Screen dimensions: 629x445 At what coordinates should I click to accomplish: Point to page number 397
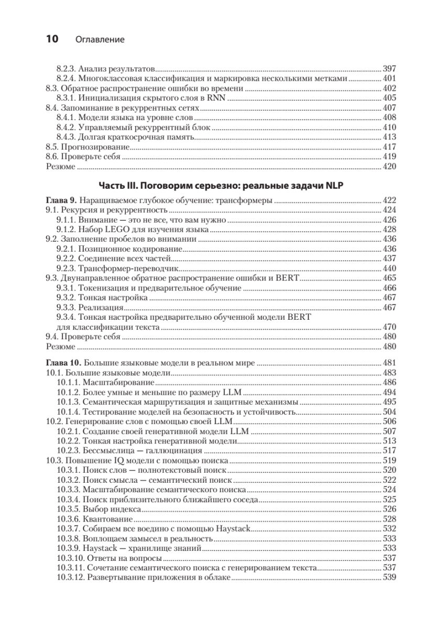390,69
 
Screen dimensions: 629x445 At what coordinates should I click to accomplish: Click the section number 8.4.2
66,127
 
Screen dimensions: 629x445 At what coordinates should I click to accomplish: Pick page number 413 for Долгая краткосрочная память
390,137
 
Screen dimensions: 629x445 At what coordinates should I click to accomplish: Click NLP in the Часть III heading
334,186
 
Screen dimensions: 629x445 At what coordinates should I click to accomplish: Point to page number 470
390,327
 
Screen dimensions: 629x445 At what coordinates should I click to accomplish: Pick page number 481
390,362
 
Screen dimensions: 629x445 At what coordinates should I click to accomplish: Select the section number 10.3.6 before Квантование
68,519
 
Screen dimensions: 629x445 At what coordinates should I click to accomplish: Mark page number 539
390,578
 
